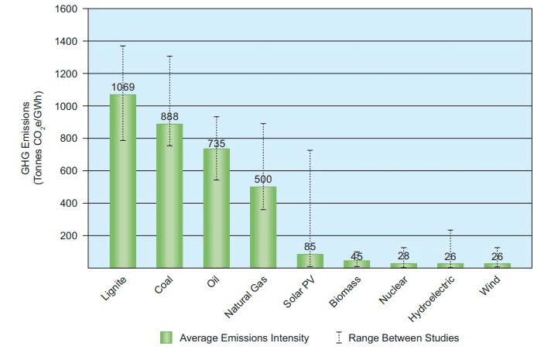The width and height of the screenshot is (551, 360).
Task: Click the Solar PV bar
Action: (x=310, y=261)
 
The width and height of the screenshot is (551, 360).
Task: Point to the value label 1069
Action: (x=123, y=86)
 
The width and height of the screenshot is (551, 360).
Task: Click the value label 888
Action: (x=169, y=116)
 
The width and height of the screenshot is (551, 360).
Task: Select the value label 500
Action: (x=263, y=179)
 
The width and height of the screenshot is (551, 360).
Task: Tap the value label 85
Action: (x=310, y=247)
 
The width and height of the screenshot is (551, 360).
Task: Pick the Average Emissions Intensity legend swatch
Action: (x=166, y=338)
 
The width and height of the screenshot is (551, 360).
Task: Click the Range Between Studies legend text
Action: (x=403, y=338)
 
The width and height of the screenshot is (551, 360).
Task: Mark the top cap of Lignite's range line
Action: (x=122, y=46)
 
